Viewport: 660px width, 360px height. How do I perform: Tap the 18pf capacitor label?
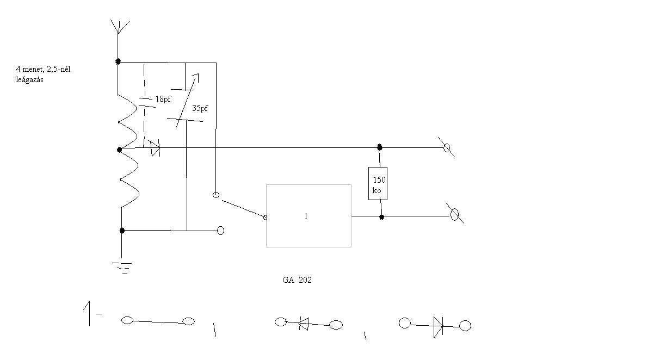coord(163,100)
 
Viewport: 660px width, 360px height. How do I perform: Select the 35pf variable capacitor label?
coord(200,108)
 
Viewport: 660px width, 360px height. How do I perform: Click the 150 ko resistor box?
coord(378,183)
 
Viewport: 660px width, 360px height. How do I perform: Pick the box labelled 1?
coord(309,216)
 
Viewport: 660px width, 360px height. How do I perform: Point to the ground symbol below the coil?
coord(122,267)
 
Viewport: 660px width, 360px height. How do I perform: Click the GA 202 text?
coord(297,280)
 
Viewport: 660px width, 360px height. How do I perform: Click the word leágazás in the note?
coord(29,79)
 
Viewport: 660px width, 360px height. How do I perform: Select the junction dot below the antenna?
coord(118,61)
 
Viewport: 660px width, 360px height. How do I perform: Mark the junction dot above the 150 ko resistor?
coord(379,147)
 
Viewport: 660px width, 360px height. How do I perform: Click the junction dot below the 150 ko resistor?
coord(381,217)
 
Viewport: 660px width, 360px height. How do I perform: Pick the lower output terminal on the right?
coord(455,215)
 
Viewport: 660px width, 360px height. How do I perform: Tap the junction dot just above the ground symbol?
coord(122,231)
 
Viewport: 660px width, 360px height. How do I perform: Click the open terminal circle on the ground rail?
coord(220,231)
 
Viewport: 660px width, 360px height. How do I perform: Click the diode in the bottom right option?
coord(437,326)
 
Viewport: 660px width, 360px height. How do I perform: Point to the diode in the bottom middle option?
coord(304,324)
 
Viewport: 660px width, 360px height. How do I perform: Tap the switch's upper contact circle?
coord(215,195)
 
